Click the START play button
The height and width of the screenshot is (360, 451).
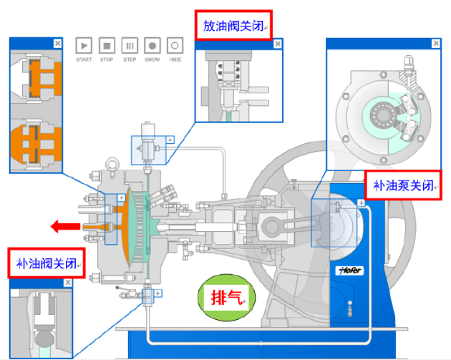pos(84,45)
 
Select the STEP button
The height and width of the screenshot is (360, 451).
pos(130,45)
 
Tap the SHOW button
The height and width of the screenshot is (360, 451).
pos(152,45)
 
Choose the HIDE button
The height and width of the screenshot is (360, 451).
pos(175,45)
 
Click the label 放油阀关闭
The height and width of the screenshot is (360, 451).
pos(233,26)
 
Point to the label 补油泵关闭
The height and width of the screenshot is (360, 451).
pos(402,188)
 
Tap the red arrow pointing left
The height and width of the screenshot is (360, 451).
pos(64,227)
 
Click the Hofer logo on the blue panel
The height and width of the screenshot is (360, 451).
pos(347,271)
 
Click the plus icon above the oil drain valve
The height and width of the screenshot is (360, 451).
pos(170,139)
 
